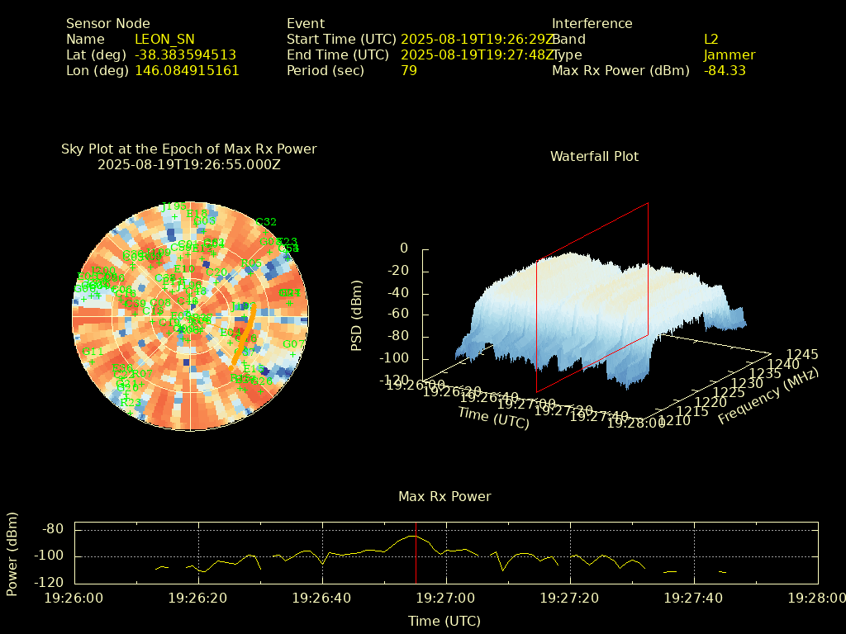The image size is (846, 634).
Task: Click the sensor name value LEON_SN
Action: (164, 39)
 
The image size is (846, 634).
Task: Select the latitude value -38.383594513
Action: (185, 54)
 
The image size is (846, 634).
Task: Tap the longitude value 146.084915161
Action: (187, 70)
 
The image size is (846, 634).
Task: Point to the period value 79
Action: (409, 70)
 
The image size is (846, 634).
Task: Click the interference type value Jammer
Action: (730, 54)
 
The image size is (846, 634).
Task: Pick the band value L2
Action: (711, 39)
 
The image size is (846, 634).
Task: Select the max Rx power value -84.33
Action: (725, 70)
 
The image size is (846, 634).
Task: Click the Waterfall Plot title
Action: (594, 156)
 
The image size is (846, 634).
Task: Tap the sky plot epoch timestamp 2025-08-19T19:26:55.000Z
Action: (189, 164)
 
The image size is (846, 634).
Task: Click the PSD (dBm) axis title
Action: (357, 315)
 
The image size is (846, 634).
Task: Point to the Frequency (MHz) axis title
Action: (768, 396)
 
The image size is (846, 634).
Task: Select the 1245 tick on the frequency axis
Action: (802, 354)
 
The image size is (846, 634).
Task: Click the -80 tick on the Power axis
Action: (54, 529)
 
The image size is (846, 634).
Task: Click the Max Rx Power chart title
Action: (444, 496)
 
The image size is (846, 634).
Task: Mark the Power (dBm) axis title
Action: (12, 556)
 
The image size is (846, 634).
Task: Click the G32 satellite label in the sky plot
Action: (266, 222)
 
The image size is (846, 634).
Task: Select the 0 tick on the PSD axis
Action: (404, 248)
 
